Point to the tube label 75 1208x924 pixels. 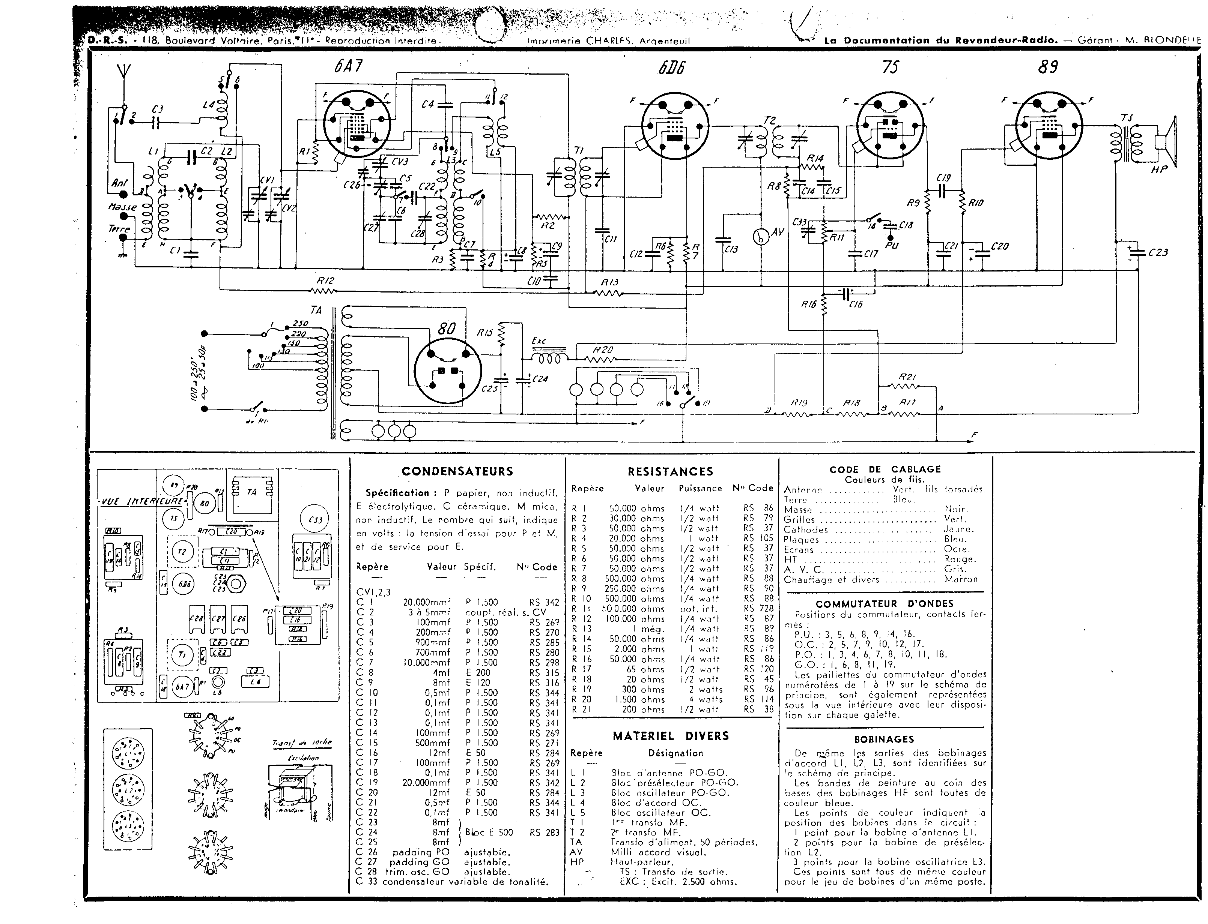click(x=890, y=67)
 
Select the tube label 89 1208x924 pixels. click(x=1047, y=67)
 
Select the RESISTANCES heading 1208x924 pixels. click(x=670, y=472)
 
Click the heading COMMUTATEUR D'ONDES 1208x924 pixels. click(x=885, y=603)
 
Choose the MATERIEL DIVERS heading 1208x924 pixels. click(x=670, y=736)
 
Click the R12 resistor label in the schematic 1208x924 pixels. click(x=325, y=280)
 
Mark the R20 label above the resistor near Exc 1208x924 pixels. click(x=603, y=350)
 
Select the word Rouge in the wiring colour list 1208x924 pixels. click(x=960, y=559)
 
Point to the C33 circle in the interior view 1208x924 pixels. click(x=315, y=519)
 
